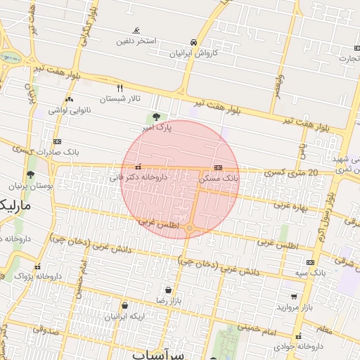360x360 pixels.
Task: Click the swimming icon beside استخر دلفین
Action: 136,30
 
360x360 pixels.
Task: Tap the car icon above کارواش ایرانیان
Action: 193,41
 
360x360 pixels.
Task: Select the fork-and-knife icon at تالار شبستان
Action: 120,88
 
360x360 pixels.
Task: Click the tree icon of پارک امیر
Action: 156,117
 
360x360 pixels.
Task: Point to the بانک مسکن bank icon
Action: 218,168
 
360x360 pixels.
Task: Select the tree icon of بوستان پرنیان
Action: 30,174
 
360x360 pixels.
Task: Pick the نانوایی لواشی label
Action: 67,110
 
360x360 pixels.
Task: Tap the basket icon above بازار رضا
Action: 168,290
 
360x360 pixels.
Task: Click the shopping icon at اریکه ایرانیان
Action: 124,305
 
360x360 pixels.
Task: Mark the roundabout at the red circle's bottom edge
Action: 189,227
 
